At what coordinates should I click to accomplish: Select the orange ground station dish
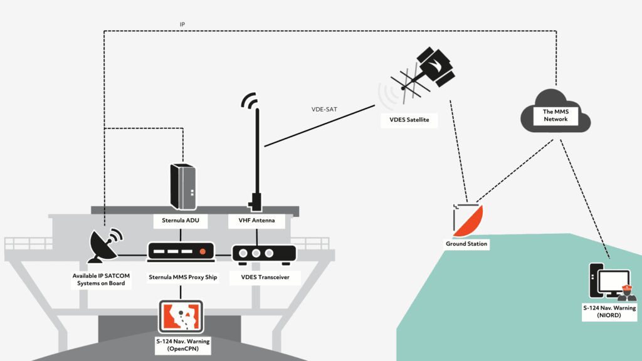coord(467,221)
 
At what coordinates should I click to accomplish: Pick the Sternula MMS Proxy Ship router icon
coord(181,252)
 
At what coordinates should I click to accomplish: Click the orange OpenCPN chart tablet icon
coord(181,317)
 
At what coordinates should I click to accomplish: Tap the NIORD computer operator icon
coord(611,281)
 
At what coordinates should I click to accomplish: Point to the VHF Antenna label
coord(257,221)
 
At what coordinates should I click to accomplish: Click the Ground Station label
coord(466,243)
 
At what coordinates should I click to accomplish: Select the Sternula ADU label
coord(181,221)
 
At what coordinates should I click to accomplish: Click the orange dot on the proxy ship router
coord(202,252)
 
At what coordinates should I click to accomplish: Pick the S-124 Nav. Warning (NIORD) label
coord(609,312)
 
